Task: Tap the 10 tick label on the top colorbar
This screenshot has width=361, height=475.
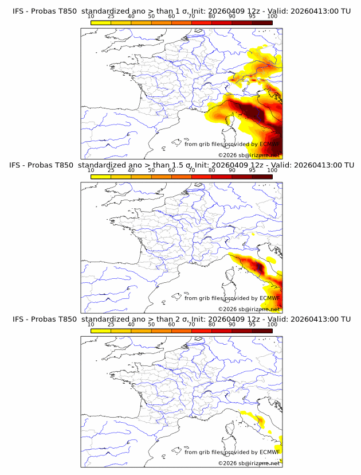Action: (91, 17)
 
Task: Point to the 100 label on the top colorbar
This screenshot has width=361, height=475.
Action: (272, 17)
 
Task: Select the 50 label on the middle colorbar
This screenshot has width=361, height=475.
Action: (151, 170)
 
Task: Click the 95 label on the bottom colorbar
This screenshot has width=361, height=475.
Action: (252, 325)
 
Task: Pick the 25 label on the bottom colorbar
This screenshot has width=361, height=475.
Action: (111, 325)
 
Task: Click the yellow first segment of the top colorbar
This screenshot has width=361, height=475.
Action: (101, 22)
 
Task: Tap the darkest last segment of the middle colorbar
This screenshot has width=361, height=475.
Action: (262, 177)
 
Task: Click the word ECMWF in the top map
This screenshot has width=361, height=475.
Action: (269, 144)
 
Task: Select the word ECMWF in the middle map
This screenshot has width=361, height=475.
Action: (269, 298)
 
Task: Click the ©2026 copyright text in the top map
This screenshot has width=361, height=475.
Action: (227, 155)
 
